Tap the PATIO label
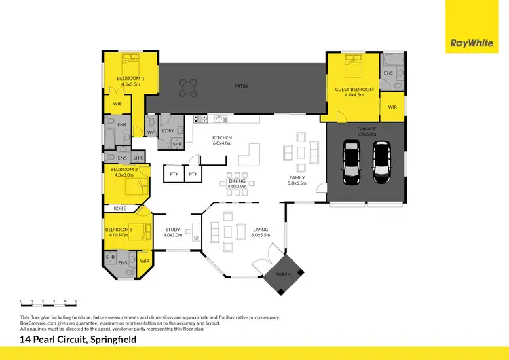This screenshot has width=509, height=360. click(241, 86)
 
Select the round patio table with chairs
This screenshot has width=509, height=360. click(188, 86)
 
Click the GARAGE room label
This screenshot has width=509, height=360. click(366, 128)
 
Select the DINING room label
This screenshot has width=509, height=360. click(237, 181)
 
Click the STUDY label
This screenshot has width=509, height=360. click(173, 230)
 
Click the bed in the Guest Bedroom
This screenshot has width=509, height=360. click(354, 68)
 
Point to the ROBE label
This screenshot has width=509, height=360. click(119, 209)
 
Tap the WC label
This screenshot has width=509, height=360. click(151, 132)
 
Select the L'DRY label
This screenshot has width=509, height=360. click(169, 131)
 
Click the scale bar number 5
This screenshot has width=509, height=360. click(76, 300)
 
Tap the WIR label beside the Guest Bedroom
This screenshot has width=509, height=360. click(392, 107)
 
